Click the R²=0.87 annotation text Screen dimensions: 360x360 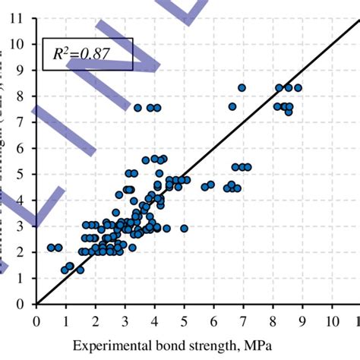(x=87, y=53)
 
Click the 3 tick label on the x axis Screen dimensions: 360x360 (x=125, y=321)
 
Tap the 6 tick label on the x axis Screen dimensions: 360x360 (x=214, y=321)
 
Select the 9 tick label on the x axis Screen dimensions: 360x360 (x=302, y=321)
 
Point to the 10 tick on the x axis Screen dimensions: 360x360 (x=332, y=321)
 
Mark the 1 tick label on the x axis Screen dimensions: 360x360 (x=66, y=321)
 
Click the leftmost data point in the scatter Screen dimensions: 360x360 (x=51, y=248)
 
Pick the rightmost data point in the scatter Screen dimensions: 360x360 (x=298, y=88)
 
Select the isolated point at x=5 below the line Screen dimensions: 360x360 (x=184, y=228)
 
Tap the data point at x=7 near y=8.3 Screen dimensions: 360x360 (x=242, y=88)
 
